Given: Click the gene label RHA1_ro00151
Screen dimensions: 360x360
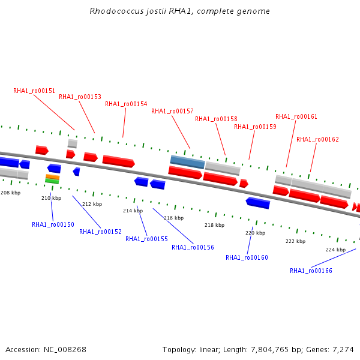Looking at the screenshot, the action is coord(34,91).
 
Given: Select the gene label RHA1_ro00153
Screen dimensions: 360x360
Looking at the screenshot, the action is coord(80,97).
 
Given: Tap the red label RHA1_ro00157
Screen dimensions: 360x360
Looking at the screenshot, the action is coord(172,112).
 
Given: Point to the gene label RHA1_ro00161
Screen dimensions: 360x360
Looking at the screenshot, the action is coord(296,116).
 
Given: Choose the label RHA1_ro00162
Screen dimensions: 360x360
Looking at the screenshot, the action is coord(318,139).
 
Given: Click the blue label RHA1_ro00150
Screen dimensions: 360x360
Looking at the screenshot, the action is coord(53,224).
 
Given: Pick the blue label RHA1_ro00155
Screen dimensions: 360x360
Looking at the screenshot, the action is coord(147,239).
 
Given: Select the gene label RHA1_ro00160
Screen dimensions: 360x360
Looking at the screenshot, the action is coord(247,257).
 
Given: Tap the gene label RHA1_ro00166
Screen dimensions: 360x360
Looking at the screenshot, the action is coord(311,271).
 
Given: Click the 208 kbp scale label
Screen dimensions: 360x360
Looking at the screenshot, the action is coord(11,193).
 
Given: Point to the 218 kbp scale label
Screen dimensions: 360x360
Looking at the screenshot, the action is coord(215,225).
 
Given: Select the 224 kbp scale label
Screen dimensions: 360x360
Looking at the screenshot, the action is coord(335,250).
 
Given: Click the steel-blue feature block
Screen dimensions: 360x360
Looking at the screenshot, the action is coord(187,162).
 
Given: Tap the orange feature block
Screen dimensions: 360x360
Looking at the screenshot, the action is coord(53,177).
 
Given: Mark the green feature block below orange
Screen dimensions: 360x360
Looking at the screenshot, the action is coord(52,181).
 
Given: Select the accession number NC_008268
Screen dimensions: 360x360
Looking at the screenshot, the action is coord(65,350).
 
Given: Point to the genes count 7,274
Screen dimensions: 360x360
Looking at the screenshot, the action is coord(343,350).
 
